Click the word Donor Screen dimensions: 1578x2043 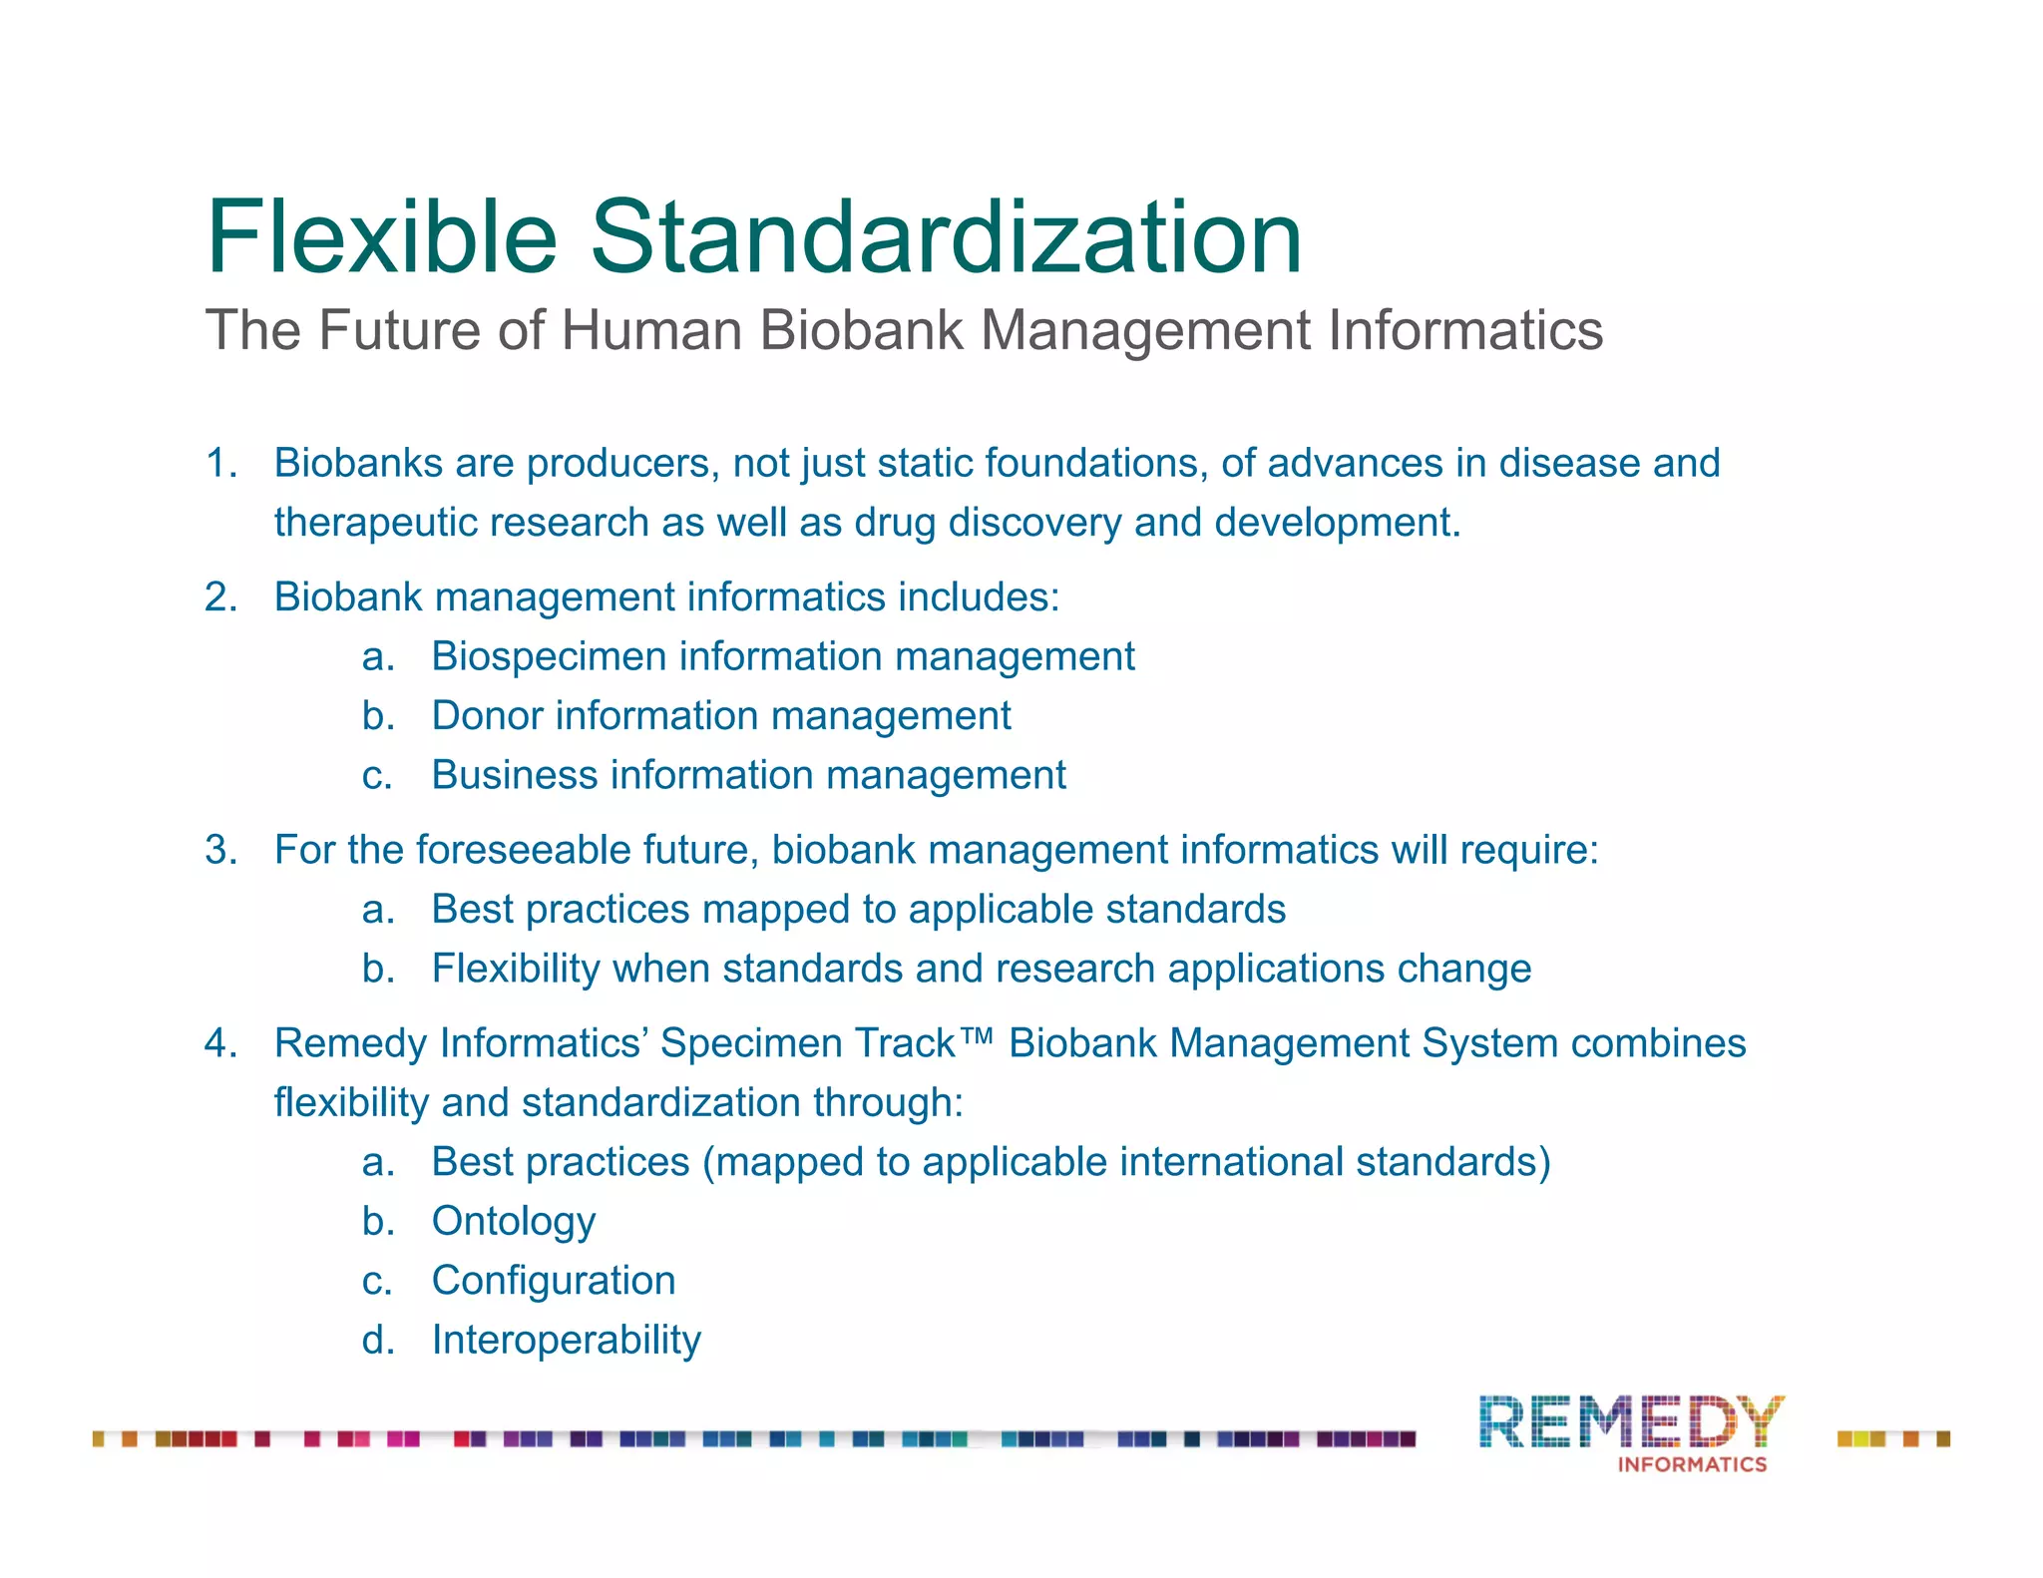point(487,716)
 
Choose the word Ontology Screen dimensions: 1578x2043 point(514,1222)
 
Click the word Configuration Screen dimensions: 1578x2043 point(554,1281)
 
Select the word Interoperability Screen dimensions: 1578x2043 point(566,1340)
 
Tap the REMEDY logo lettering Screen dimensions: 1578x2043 point(1631,1421)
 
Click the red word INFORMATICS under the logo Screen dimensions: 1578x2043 point(1692,1464)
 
